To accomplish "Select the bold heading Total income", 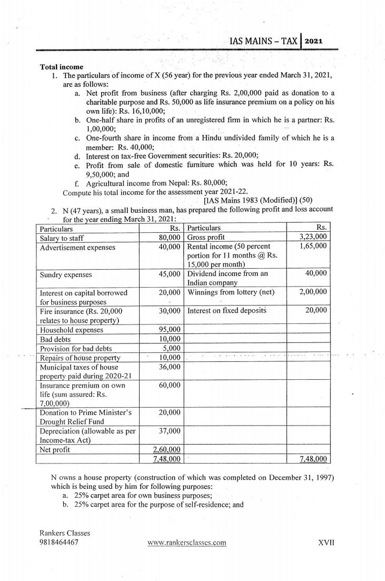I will coord(62,67).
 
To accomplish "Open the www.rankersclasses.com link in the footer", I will coord(183,543).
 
